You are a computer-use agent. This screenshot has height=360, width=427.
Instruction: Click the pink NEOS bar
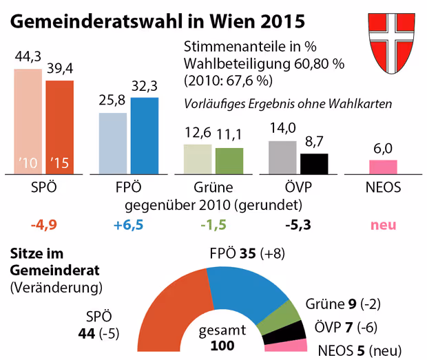point(383,167)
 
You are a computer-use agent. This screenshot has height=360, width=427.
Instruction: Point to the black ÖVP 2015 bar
point(314,164)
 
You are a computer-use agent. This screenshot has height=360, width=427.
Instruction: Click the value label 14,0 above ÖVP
point(282,128)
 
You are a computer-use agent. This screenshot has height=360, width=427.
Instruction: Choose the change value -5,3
point(298,225)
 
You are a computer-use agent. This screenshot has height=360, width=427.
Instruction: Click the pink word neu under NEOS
point(384,225)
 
